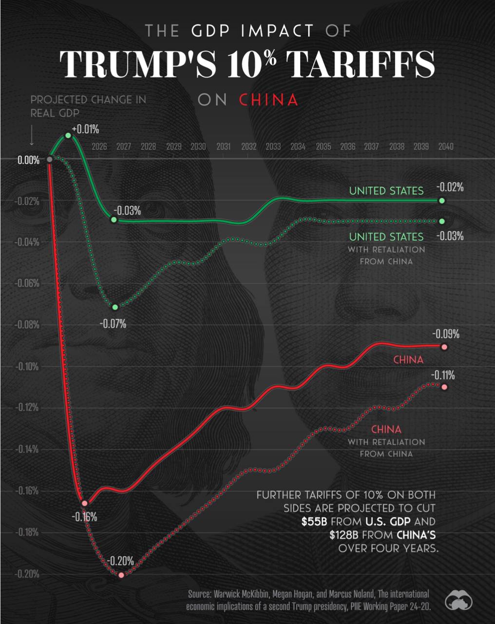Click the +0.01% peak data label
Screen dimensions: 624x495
[85, 129]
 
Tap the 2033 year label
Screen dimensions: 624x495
[273, 146]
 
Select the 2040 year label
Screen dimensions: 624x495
[445, 146]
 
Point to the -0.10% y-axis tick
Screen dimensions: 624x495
[28, 366]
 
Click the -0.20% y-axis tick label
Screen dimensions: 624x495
[27, 574]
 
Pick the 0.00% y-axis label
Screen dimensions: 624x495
[29, 160]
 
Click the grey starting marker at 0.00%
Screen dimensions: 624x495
[49, 159]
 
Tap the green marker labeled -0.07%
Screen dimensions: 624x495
[115, 307]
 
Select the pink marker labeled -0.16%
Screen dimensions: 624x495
[85, 503]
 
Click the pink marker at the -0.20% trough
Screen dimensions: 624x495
[121, 575]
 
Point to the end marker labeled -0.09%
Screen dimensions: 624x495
[444, 347]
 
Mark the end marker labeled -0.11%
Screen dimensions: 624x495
[444, 387]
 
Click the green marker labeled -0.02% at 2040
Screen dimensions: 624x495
[442, 200]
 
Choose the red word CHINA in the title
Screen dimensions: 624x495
[268, 100]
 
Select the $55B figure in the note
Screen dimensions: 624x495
[314, 521]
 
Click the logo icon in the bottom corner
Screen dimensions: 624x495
[458, 601]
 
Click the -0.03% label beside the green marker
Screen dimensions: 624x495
[127, 211]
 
